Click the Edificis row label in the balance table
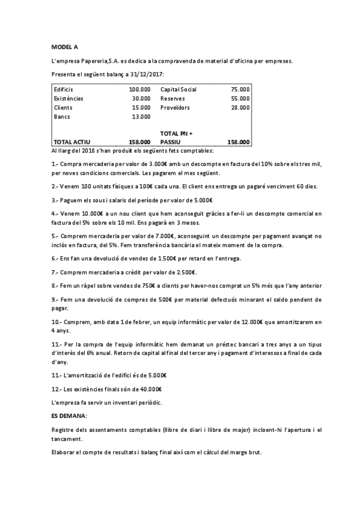tap(64, 89)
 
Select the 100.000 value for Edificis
tap(139, 89)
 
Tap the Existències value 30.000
tap(141, 98)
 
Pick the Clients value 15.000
tap(141, 107)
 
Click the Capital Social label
tap(178, 89)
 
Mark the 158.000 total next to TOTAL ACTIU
tap(139, 142)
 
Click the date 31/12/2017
tap(147, 74)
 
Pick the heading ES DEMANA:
tap(70, 416)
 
